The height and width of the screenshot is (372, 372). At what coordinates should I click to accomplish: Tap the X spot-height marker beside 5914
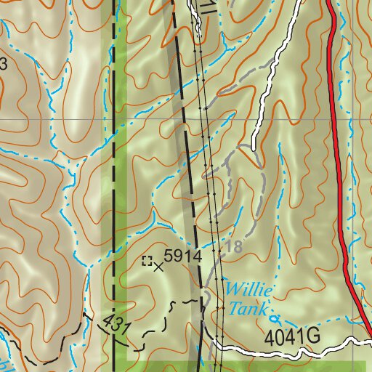tap(160, 265)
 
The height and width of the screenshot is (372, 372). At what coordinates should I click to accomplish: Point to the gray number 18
tap(233, 247)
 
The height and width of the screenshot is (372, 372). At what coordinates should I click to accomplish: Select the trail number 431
tap(116, 325)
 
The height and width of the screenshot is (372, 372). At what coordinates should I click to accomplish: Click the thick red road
tap(339, 182)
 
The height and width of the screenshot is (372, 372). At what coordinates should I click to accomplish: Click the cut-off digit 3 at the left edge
tap(3, 64)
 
